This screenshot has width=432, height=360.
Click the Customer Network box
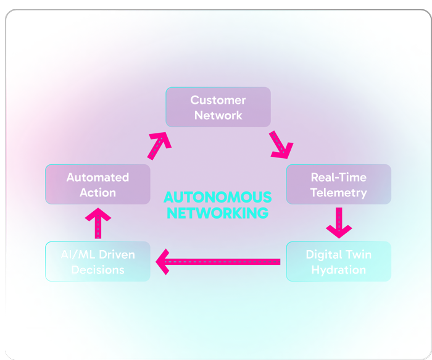coord(218,107)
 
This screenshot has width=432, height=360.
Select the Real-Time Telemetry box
coord(338,185)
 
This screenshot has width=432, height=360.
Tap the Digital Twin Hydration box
coord(338,262)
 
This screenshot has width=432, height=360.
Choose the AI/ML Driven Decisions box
coord(98,262)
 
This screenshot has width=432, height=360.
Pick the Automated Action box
coord(98,185)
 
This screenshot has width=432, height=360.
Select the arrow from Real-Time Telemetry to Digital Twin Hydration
coord(338,222)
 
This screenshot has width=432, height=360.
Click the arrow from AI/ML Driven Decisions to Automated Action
coord(98,223)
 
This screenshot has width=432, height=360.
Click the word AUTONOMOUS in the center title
coord(217,198)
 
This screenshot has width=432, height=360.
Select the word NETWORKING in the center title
coord(217,214)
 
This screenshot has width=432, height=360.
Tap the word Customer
coord(218,100)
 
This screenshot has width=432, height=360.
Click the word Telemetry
coord(338,193)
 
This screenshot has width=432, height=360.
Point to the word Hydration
coord(338,270)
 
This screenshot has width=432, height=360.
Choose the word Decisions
coord(98,270)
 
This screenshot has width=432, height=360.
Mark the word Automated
coord(98,177)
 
